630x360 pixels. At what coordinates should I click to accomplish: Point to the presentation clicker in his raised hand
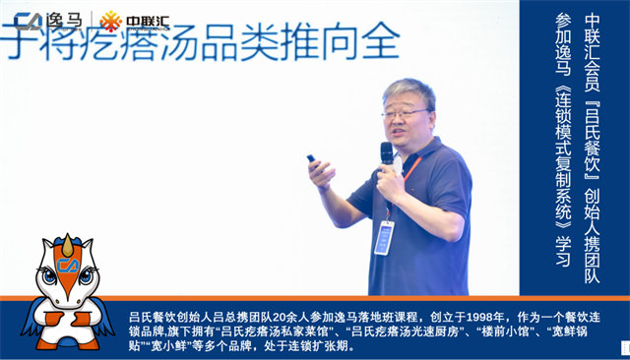(312, 158)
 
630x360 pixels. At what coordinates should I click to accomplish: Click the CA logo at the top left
(30, 21)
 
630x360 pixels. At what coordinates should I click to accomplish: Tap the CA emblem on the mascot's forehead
(68, 264)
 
